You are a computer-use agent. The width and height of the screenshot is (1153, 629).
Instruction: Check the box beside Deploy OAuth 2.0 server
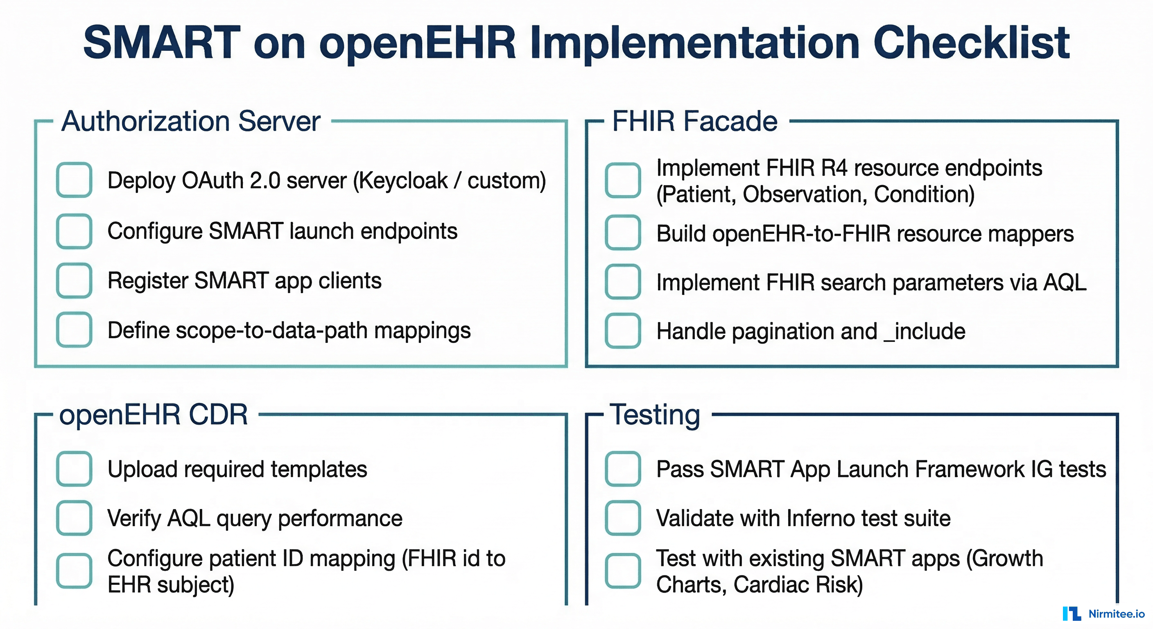click(x=74, y=180)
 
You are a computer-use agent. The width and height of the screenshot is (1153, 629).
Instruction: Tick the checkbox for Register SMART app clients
click(x=74, y=281)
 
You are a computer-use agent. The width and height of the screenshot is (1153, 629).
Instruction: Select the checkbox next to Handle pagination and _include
click(x=623, y=331)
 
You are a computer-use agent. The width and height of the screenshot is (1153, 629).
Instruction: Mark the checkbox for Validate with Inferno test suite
click(x=623, y=518)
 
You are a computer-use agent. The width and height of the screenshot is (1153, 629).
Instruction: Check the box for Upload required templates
click(x=74, y=469)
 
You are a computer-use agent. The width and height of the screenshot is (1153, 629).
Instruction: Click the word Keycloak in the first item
click(x=402, y=181)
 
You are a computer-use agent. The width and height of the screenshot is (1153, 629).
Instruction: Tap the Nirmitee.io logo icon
click(x=1072, y=614)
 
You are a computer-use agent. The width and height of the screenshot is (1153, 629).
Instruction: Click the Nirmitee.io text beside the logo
click(x=1116, y=614)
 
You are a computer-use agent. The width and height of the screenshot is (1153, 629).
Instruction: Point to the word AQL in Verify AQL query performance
click(x=188, y=518)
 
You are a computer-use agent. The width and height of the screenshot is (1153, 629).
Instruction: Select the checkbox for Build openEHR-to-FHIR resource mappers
click(x=623, y=232)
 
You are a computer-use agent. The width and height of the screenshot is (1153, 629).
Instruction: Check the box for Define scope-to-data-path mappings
click(x=74, y=330)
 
